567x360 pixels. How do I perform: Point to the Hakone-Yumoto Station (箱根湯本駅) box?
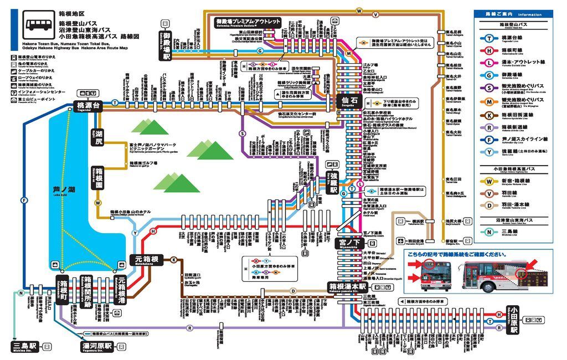tap(348, 287)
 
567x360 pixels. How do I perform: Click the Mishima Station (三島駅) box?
tap(25, 347)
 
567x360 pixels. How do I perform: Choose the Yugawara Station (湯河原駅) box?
tap(97, 347)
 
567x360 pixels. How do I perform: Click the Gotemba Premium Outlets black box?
tap(248, 22)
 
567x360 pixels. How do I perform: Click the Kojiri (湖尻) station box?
tap(99, 137)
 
